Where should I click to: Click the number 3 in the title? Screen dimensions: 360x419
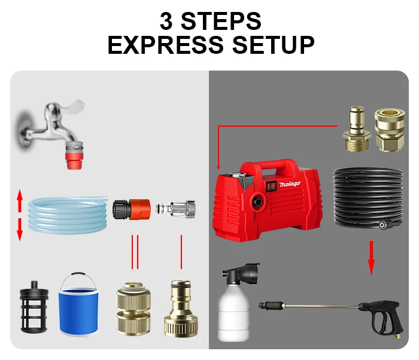[x=167, y=21]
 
